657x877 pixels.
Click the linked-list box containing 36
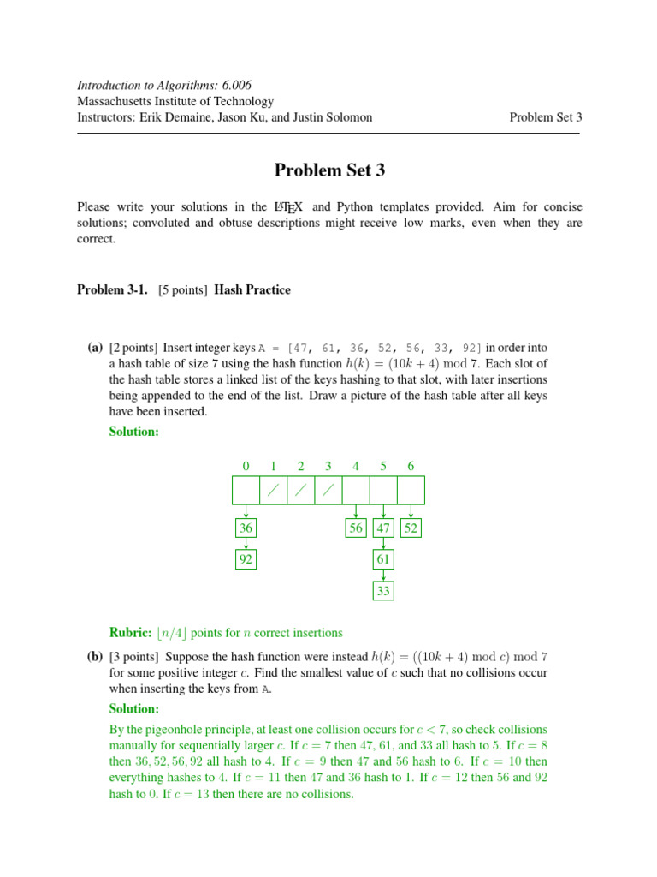[246, 528]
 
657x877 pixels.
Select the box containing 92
[246, 560]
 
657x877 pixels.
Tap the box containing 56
[356, 528]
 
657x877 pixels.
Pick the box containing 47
[383, 528]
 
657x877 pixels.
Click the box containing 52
[411, 528]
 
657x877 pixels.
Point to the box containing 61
[383, 560]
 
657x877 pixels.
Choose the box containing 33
[383, 591]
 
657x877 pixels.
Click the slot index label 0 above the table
[246, 466]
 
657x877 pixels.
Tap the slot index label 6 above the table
[411, 466]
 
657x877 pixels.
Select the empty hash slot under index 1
[273, 491]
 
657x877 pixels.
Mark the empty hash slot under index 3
[328, 491]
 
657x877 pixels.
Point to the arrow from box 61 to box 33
[383, 576]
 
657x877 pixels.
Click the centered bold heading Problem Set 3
[329, 170]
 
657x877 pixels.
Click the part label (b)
[94, 657]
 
